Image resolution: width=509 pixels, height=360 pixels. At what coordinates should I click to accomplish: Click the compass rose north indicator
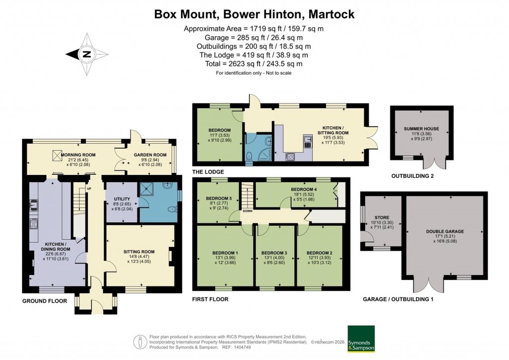point(87,55)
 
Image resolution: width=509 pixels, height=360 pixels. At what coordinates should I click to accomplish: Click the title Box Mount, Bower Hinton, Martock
point(254,14)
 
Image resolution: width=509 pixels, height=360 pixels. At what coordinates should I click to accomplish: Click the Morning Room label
point(78,155)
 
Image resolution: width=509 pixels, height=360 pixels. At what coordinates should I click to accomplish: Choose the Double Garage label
point(445,231)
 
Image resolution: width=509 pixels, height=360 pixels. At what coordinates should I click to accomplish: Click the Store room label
point(382,217)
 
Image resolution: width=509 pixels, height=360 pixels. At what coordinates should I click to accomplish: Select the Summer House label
point(421,129)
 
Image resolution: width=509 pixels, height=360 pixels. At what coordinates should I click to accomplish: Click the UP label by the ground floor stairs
point(88,188)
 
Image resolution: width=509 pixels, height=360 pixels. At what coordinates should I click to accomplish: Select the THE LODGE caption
point(208,172)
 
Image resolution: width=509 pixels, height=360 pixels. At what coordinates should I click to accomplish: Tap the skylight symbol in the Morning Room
point(55,155)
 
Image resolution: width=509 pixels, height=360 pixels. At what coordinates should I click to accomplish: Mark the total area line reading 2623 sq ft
point(254,64)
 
